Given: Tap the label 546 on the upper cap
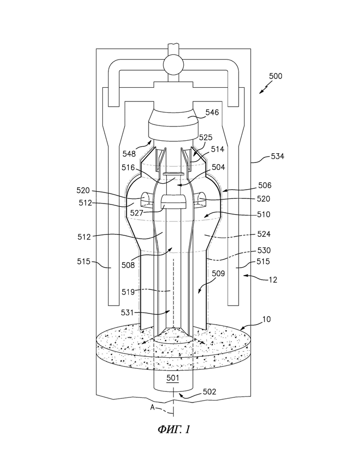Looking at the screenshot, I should [x=206, y=112].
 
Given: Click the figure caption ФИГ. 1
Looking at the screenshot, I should [x=174, y=430].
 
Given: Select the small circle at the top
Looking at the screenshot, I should [x=173, y=65].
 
